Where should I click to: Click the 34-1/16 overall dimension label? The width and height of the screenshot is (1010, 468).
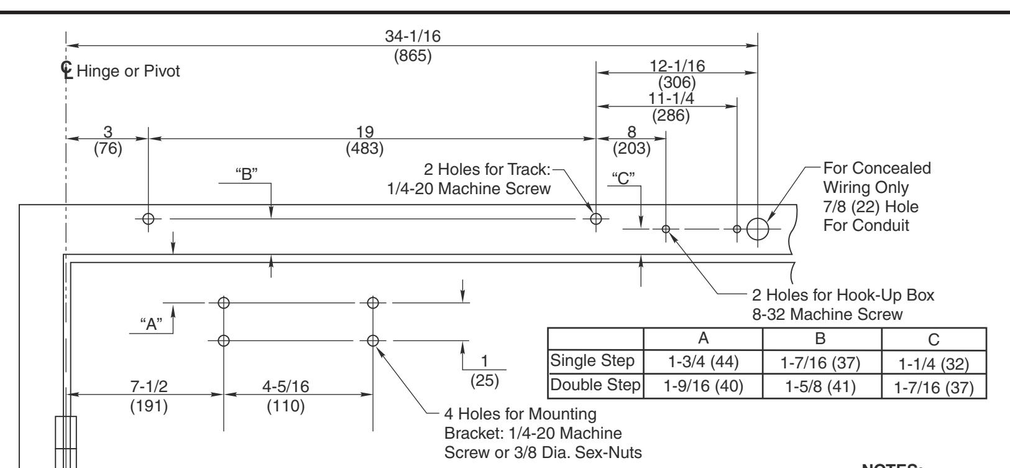pos(413,45)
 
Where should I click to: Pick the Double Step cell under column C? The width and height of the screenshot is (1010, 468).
pos(934,386)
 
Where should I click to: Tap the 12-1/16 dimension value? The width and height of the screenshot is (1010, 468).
pos(677,65)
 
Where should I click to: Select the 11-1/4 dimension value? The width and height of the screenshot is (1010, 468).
pos(671,99)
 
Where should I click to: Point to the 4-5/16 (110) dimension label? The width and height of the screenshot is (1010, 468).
pos(286,396)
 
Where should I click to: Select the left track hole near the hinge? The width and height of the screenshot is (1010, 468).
pos(148,219)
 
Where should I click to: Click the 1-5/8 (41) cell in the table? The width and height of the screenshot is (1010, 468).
pos(822,386)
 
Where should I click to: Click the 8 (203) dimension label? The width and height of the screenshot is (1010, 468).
pos(631,141)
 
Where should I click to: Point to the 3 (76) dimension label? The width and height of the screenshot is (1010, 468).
pos(108,141)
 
